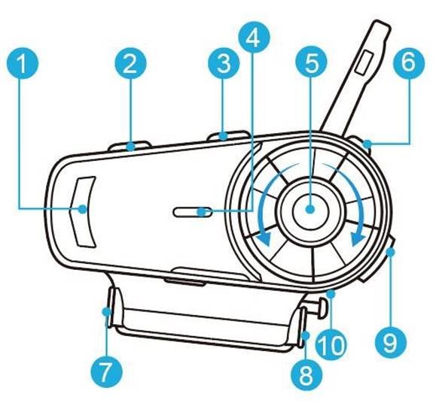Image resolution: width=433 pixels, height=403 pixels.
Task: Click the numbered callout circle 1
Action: (23, 63)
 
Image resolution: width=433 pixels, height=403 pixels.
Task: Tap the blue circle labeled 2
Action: (130, 63)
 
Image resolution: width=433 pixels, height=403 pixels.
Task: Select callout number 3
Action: (224, 63)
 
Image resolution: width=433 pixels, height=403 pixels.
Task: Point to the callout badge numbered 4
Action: (254, 37)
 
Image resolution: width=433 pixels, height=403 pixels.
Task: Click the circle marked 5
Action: (311, 63)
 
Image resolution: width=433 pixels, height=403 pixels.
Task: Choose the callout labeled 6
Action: (408, 62)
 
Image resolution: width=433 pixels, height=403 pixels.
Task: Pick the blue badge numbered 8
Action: (306, 375)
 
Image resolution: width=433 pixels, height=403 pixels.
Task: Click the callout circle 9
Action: (391, 343)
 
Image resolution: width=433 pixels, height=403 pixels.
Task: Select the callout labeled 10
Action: (331, 344)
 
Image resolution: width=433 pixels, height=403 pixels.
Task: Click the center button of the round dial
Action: (311, 209)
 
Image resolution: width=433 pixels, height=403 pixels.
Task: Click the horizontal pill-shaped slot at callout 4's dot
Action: (193, 212)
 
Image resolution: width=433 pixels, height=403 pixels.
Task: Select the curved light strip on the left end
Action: (82, 211)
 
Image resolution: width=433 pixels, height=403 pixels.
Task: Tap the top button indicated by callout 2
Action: (129, 146)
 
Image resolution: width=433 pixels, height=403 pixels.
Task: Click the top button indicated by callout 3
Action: (229, 136)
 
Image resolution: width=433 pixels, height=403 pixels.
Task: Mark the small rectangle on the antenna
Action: (364, 62)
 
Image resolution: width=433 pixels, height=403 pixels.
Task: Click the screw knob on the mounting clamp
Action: (321, 308)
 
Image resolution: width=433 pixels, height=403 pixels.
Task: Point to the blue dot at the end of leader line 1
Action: (82, 209)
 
